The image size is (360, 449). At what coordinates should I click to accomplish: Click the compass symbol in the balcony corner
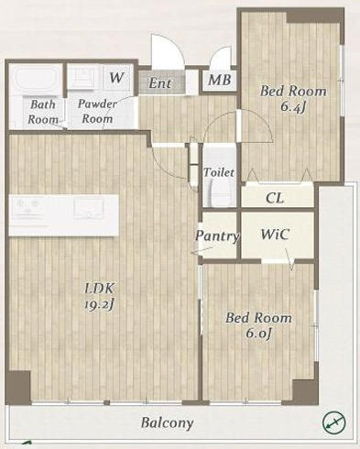tap(334, 422)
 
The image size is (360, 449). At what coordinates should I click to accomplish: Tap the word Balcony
tap(167, 423)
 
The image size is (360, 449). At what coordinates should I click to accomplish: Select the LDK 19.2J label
tap(100, 296)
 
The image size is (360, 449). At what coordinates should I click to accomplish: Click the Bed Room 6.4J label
tap(293, 99)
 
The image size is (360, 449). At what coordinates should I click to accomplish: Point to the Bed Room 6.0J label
tap(258, 325)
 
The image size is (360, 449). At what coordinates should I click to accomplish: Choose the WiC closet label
tap(275, 235)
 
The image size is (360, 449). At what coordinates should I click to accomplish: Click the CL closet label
tap(275, 198)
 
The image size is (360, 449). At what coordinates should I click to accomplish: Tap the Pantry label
tap(217, 236)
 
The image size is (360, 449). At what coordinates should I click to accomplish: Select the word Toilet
tap(219, 172)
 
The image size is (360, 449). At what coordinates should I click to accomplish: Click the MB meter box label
tap(220, 80)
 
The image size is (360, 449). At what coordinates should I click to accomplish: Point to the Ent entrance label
tap(160, 82)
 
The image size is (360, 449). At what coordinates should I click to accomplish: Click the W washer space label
tap(116, 78)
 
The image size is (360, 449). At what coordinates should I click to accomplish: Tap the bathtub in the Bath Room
tap(36, 79)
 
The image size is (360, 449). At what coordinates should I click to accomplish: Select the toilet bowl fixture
tap(219, 192)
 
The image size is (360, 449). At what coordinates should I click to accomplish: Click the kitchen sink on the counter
tap(89, 208)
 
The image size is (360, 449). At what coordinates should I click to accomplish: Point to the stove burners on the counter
tap(28, 207)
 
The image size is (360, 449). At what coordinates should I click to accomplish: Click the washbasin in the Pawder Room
tap(84, 77)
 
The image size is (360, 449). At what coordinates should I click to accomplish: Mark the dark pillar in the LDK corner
tap(18, 388)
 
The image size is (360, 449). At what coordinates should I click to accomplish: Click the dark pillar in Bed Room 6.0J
tap(305, 392)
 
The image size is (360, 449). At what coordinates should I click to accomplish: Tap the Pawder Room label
tap(97, 111)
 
